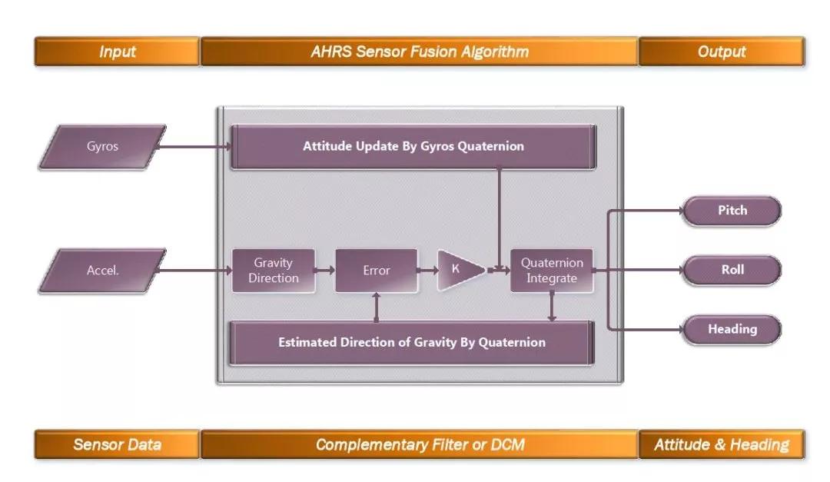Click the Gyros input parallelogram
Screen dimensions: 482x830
[102, 146]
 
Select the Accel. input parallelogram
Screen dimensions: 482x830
[102, 271]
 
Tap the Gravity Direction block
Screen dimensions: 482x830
[274, 271]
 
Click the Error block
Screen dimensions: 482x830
[377, 271]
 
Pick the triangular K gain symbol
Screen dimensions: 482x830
[459, 271]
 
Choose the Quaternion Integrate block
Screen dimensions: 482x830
[552, 271]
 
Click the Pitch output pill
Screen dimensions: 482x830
[732, 211]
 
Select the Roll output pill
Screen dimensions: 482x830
[732, 271]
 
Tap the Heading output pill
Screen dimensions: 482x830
[732, 329]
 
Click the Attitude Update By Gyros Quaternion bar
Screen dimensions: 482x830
[413, 146]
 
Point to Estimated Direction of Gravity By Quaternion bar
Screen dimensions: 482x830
[412, 342]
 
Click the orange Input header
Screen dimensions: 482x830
[117, 52]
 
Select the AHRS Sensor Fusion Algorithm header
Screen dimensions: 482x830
[420, 52]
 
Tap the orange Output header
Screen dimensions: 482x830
[722, 52]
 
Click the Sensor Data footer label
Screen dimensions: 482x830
[117, 444]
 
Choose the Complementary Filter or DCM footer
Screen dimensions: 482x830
[420, 444]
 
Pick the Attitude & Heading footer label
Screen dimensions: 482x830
[722, 444]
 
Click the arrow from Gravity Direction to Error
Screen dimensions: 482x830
[325, 271]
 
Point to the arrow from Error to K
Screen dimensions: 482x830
[427, 271]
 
